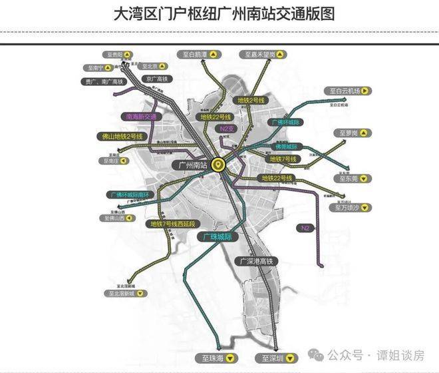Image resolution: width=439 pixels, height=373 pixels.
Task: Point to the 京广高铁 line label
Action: pos(155,79)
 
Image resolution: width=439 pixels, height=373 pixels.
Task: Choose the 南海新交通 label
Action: pos(141,117)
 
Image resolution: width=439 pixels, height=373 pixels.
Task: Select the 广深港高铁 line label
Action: pos(257,261)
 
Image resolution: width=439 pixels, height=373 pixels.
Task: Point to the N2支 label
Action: pos(229,127)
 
